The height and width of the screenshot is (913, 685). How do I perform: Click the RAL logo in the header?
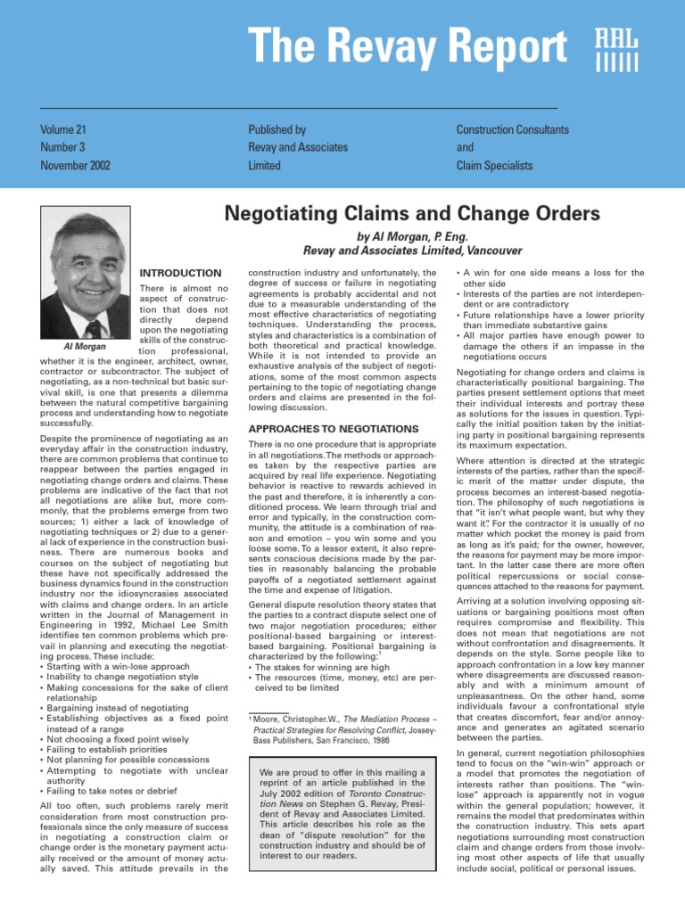(x=616, y=50)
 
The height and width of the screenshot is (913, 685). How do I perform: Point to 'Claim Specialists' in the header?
(x=494, y=166)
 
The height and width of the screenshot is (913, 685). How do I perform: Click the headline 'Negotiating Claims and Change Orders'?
(x=412, y=214)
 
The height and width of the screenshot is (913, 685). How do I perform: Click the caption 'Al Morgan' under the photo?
(x=86, y=346)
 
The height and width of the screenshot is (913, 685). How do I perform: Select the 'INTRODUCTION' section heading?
(x=181, y=273)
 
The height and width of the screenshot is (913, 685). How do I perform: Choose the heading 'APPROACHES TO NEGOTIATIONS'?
(x=320, y=429)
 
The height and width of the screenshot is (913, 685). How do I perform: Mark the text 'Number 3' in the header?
(x=62, y=148)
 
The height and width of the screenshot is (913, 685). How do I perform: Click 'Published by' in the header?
(x=277, y=130)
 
